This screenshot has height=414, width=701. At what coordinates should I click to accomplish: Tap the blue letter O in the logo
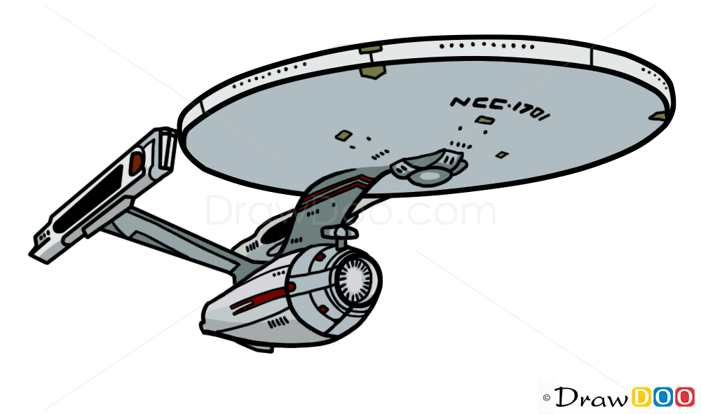(x=663, y=396)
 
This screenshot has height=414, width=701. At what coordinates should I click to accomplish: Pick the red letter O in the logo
(x=684, y=396)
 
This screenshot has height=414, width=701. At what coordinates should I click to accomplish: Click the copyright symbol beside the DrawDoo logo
(x=547, y=398)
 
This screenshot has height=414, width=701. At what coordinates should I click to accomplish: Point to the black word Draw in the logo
(x=591, y=396)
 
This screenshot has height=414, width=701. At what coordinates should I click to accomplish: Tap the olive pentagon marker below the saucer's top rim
(x=371, y=71)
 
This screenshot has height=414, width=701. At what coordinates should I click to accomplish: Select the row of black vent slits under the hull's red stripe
(x=278, y=322)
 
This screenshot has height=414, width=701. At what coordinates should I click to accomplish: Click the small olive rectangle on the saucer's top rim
(x=370, y=49)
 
